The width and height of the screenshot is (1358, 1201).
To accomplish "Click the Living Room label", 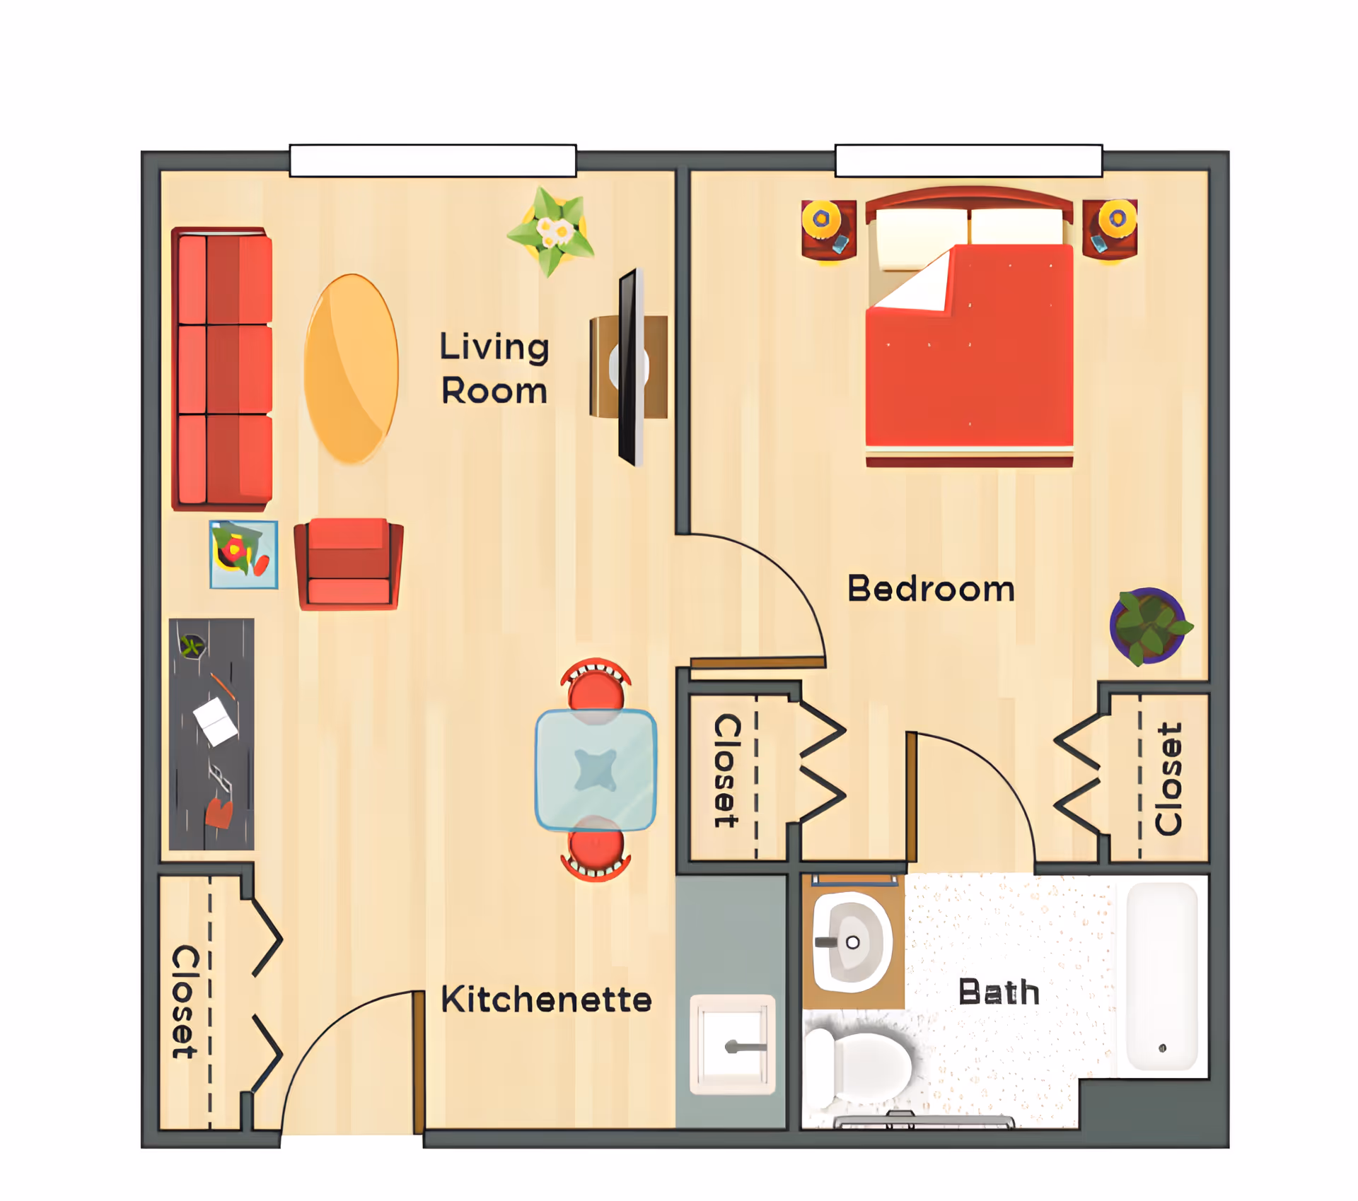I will coord(494,368).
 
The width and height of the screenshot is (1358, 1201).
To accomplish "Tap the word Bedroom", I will coord(931,589).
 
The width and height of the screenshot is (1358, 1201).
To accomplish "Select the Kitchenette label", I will coord(546,1000).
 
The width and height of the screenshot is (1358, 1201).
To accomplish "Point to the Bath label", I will coord(999,992).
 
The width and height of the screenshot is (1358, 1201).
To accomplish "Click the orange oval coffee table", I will coord(351,368).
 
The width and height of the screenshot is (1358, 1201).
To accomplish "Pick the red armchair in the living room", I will coord(349,564).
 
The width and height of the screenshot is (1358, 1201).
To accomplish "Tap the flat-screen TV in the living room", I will coord(630,367).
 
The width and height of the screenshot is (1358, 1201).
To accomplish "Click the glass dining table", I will coord(596,770).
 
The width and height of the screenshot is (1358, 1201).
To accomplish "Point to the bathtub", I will coord(1161,976).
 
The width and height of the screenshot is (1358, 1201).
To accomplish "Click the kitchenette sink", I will coord(733,1044).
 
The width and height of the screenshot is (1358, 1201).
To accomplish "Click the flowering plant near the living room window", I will coord(552,230).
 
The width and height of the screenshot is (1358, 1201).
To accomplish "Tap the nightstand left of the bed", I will coord(828,230).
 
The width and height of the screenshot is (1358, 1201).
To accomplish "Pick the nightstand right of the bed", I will coord(1110,228).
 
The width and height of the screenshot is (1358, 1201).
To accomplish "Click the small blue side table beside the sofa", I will coord(243,555).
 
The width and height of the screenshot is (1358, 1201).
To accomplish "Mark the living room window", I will coord(433,160).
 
